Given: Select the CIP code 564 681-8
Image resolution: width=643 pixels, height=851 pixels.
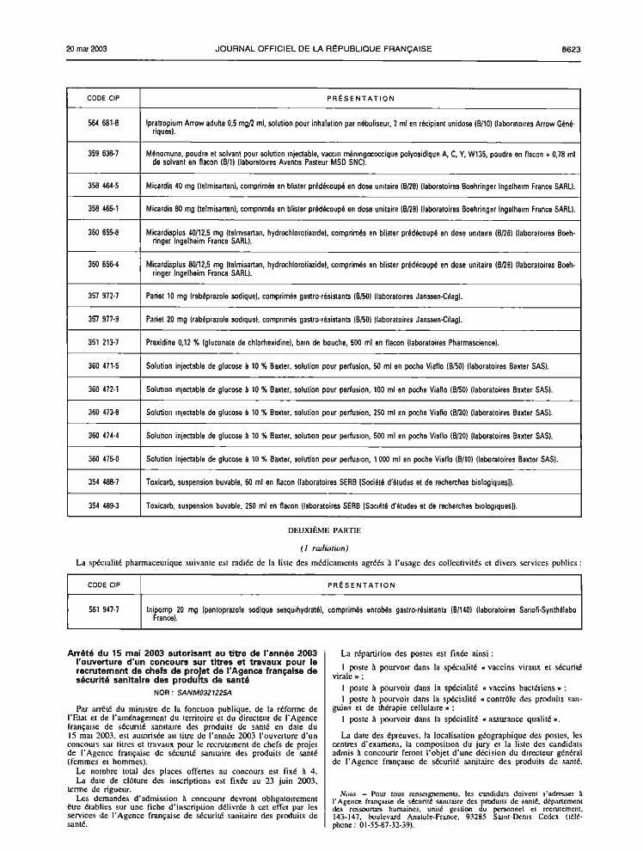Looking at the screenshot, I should tap(103, 123).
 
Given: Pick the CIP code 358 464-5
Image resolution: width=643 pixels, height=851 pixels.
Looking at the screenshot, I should tap(103, 185).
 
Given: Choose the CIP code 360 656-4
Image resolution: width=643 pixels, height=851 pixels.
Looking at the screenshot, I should tap(103, 264).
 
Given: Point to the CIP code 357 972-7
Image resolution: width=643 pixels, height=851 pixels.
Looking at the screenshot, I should tap(103, 296).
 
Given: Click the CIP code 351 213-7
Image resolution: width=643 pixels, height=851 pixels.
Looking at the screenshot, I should tap(103, 342).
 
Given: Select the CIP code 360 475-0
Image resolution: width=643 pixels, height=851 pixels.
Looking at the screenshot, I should tap(103, 458).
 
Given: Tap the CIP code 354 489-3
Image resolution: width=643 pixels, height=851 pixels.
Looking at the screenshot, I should tap(103, 505).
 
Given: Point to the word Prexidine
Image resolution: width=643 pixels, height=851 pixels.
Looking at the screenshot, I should tap(162, 342).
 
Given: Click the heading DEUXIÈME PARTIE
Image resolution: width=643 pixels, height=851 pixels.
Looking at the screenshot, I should tap(321, 531).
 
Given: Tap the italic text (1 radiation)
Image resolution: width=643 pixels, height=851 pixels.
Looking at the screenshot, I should tap(321, 547).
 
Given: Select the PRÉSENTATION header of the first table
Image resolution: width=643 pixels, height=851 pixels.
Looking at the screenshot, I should tap(361, 99).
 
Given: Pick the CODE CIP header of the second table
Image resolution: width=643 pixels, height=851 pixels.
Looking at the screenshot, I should tap(103, 585).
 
